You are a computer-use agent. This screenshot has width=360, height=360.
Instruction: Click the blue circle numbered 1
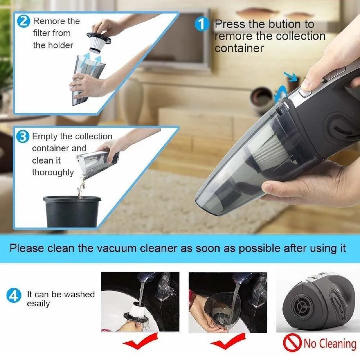coord(202,25)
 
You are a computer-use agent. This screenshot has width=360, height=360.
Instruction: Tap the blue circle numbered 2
coord(23,21)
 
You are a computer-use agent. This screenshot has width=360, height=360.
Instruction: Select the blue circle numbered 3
coord(23,137)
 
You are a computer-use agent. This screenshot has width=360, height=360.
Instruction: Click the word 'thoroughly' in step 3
coord(53,172)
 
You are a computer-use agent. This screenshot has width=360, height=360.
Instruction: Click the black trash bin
coord(72,211)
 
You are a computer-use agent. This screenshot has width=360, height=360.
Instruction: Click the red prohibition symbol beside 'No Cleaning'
coord(292,344)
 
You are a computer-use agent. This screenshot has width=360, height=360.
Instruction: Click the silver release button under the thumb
coord(305,92)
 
